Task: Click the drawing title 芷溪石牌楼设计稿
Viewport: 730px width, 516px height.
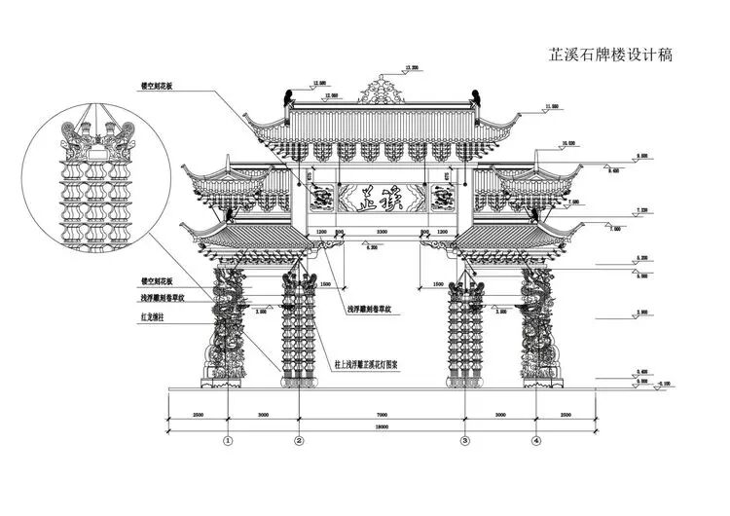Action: click(610, 55)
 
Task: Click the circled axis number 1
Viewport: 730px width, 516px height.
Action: click(228, 440)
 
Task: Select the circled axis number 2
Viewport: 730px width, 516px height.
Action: click(299, 440)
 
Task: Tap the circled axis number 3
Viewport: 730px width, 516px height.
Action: click(464, 440)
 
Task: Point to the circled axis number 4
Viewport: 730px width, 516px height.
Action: click(535, 440)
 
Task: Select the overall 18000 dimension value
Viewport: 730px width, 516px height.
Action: click(382, 426)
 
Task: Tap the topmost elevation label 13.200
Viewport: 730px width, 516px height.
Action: click(411, 67)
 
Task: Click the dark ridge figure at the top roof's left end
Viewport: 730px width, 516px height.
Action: click(288, 97)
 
